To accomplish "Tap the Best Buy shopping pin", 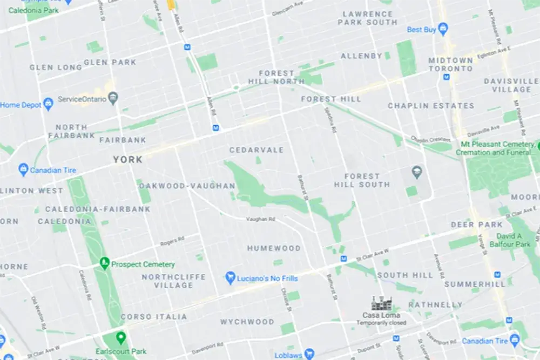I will coord(443,29).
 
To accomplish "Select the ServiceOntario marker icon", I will coord(113,99).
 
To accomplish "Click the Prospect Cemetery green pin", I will coord(105,263).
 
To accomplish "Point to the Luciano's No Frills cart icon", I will coord(230,278).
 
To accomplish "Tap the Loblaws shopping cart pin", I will coord(309,354).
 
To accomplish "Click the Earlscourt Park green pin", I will coord(120,338).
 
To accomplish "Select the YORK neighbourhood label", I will coord(128,160).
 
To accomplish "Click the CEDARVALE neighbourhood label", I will coord(256,150).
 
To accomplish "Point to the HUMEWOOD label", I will coord(274,249).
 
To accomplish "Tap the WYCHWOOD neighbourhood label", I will coord(247,322).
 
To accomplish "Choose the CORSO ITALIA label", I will coord(154,317).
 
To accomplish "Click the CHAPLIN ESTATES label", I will coord(431,106).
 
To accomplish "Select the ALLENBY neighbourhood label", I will coord(361,56).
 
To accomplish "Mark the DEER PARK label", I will coord(470,225).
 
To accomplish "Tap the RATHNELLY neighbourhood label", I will coord(435,305).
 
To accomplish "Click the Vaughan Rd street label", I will coord(260,219).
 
